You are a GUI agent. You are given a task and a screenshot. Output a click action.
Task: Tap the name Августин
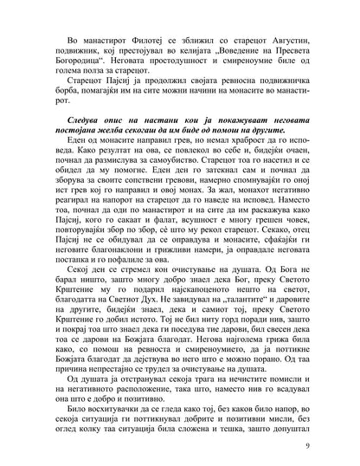279,40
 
